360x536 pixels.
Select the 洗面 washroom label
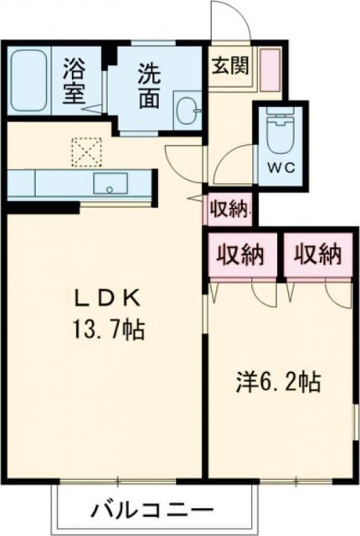click(x=150, y=85)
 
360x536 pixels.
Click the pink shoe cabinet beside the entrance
click(x=270, y=70)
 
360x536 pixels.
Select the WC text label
click(x=280, y=166)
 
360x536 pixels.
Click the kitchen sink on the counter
click(x=109, y=183)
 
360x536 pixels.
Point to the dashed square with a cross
click(x=85, y=152)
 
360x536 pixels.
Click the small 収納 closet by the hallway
click(x=229, y=209)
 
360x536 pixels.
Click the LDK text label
click(x=105, y=299)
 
